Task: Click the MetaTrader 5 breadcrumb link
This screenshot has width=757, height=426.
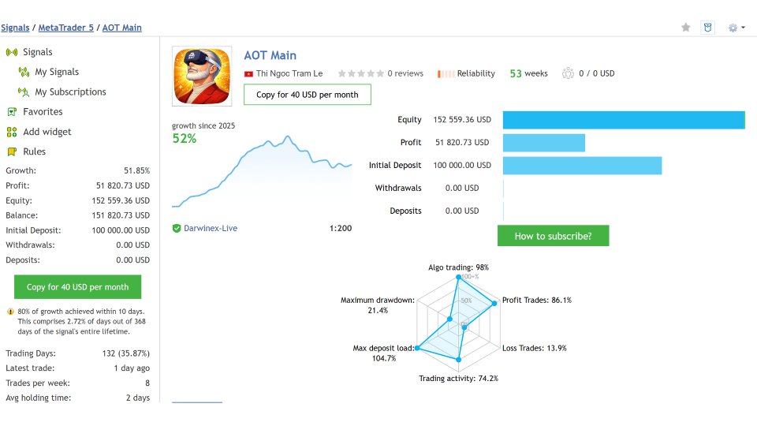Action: tap(65, 28)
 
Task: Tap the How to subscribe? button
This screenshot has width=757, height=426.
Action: tap(554, 236)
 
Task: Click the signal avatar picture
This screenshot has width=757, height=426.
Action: tap(202, 77)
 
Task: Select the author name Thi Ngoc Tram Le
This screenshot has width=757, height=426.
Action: tap(289, 73)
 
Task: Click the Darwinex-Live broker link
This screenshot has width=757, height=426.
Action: tap(211, 228)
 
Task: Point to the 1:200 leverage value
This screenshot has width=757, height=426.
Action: tap(341, 228)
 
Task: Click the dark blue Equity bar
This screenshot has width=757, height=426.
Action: tap(624, 120)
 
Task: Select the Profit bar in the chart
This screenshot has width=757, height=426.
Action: tap(543, 143)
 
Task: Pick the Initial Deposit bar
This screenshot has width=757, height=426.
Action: tap(582, 165)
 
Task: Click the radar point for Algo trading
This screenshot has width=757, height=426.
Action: tap(459, 277)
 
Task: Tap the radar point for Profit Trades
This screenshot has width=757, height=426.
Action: tap(494, 304)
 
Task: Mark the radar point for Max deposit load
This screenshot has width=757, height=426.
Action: tap(418, 348)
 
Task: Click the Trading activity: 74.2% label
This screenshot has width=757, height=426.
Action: tap(459, 378)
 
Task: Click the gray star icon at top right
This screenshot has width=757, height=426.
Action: tap(685, 28)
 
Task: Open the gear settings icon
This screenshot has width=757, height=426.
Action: tap(733, 28)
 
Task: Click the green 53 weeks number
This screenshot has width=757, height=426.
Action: tap(516, 73)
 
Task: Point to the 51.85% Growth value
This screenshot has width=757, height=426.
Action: tap(136, 170)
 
